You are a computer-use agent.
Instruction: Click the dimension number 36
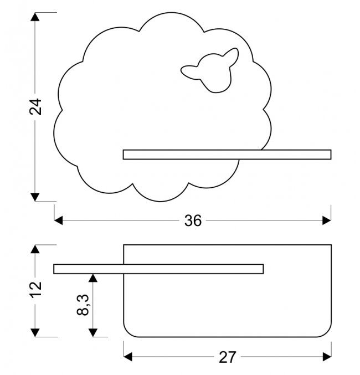click(193, 220)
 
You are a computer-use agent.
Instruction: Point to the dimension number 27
click(227, 357)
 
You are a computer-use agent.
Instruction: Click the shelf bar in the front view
click(227, 155)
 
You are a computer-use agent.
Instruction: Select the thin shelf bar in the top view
click(158, 269)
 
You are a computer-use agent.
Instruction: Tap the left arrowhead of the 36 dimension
click(59, 220)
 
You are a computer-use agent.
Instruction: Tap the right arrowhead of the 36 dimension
click(327, 220)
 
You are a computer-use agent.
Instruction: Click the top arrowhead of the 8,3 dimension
click(94, 276)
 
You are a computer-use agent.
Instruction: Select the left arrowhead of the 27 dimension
click(128, 357)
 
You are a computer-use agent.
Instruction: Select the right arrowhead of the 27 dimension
click(327, 357)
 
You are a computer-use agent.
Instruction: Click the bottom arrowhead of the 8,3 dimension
click(94, 332)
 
